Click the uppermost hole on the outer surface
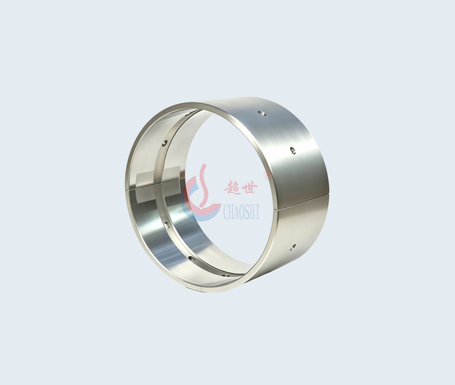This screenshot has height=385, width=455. coord(263,113)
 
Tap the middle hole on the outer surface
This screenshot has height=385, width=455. coord(292,150)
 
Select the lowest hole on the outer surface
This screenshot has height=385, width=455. coord(293,246)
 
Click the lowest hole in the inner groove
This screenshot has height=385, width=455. coord(225,275)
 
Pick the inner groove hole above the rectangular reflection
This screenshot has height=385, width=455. coord(165,143)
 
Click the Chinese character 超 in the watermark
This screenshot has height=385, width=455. coord(233,187)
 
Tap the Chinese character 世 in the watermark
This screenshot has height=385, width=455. coord(249,186)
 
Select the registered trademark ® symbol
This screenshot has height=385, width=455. coord(267,175)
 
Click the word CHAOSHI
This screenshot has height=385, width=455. coord(241,211)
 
